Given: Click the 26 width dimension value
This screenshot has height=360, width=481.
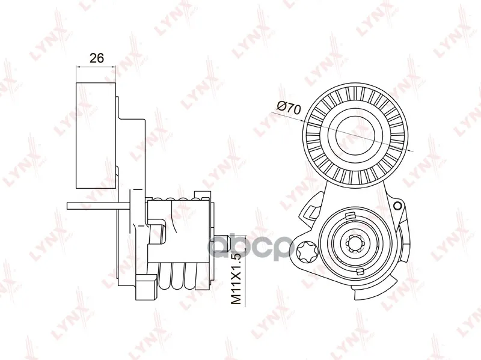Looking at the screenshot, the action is click(97, 58).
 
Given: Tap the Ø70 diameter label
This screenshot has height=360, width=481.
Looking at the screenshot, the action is click(289, 108).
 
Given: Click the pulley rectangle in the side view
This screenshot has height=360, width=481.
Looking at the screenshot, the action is click(96, 135).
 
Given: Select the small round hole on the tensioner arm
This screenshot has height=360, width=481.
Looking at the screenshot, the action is click(398, 206).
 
